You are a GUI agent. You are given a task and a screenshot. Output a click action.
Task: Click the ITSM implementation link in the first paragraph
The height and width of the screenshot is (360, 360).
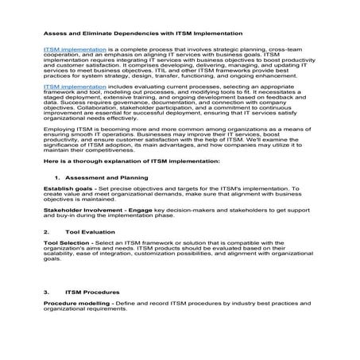71,48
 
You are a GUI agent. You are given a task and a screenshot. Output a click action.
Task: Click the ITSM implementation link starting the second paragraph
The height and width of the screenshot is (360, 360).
71,86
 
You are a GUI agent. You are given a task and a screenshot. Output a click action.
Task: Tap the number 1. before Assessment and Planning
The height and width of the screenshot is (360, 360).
57,199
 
